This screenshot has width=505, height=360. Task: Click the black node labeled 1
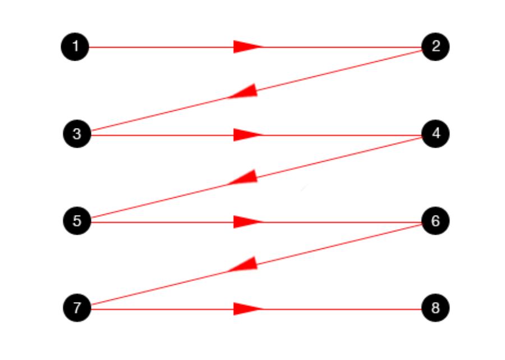(x=75, y=47)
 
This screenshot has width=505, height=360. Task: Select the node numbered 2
(x=435, y=47)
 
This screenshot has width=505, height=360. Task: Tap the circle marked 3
(x=77, y=134)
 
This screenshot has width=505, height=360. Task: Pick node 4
(x=435, y=134)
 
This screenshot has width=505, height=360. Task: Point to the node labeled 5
(x=77, y=221)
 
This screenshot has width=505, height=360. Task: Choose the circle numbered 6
(x=435, y=221)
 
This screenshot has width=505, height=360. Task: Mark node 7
(x=77, y=308)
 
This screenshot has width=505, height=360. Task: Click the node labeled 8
(x=435, y=308)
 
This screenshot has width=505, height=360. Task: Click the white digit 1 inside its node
(x=75, y=47)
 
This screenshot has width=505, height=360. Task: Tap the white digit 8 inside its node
(x=435, y=308)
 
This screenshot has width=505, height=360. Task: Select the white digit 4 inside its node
(x=436, y=134)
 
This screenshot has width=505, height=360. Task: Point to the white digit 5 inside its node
(x=77, y=221)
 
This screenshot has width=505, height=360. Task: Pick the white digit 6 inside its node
(x=435, y=221)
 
